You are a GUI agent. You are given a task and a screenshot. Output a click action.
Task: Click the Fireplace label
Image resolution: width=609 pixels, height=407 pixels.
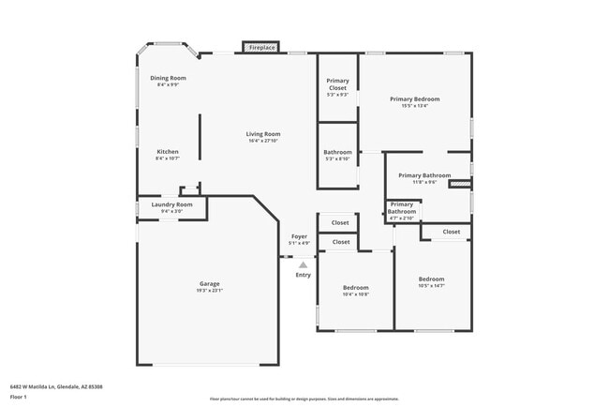[262, 47]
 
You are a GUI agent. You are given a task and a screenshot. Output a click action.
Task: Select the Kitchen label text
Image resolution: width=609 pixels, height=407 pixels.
[168, 152]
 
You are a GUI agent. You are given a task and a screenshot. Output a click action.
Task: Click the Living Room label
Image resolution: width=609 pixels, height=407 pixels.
[263, 134]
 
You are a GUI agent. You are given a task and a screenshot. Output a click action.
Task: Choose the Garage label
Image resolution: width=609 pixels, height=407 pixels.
[209, 283]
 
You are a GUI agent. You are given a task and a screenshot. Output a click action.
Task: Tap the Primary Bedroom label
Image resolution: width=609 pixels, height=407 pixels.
[414, 98]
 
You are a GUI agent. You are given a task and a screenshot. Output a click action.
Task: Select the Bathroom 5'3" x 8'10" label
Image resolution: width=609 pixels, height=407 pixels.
[337, 152]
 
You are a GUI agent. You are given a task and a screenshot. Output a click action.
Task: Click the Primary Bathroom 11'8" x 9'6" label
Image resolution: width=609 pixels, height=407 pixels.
[424, 175]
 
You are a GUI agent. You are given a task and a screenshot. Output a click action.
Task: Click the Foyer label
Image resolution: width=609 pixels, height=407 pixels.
[299, 236]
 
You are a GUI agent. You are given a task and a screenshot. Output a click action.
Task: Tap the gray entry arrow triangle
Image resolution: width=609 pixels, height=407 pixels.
[303, 265]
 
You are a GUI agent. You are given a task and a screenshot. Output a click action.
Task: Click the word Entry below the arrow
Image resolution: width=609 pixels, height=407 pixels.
[303, 275]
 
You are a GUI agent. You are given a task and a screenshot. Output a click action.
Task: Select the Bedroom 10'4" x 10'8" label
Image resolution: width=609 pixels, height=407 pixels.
[355, 287]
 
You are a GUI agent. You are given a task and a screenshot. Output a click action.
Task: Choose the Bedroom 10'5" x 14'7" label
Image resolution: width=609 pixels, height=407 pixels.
[431, 279]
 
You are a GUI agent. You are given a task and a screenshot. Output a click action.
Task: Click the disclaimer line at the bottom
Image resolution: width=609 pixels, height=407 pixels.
[304, 399]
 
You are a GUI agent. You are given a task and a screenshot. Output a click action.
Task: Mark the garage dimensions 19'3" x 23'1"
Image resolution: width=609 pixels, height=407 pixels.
[209, 291]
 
